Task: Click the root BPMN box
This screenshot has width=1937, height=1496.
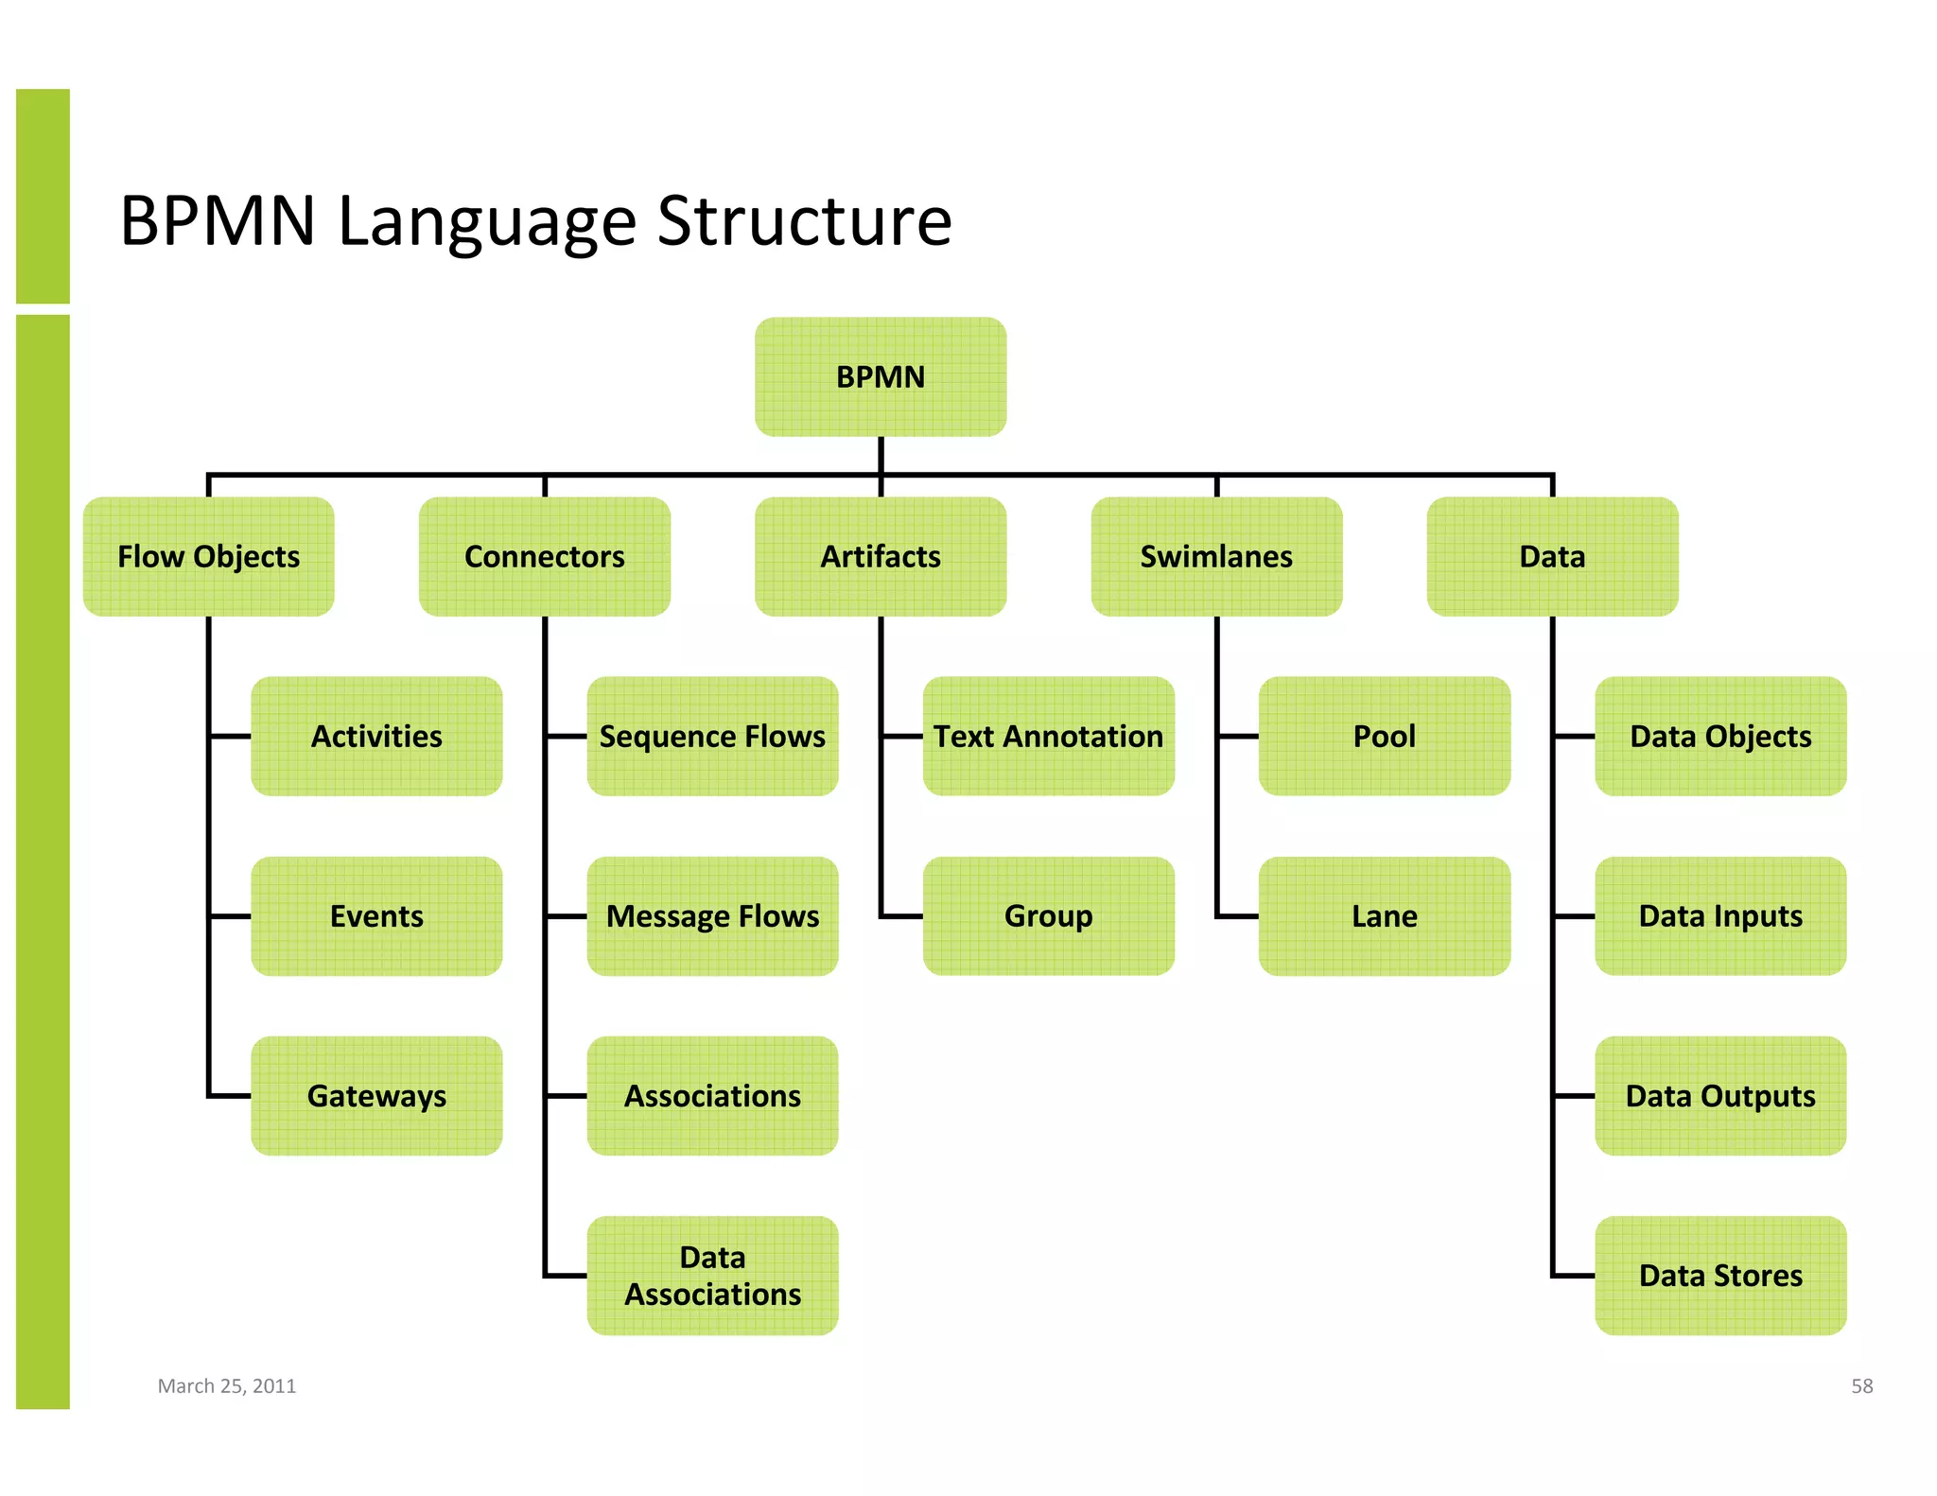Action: (880, 376)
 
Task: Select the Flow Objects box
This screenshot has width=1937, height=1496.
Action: (208, 556)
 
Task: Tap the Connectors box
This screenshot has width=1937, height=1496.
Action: (544, 556)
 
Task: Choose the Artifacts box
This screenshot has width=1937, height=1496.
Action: (880, 556)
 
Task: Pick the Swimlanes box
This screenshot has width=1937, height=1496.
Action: (1216, 556)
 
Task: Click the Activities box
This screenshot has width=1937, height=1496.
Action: (376, 736)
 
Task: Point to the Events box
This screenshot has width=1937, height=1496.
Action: (376, 915)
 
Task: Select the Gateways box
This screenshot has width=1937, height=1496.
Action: (376, 1095)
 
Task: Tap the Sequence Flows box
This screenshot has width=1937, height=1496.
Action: (712, 736)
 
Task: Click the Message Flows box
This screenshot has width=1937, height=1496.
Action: (712, 915)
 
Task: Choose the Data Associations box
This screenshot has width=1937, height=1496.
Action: (712, 1275)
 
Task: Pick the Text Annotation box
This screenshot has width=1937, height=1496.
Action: (1048, 736)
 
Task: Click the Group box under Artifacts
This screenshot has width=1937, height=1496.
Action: (1048, 915)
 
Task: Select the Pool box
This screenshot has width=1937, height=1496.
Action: (1384, 736)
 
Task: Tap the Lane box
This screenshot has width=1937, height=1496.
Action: (1384, 915)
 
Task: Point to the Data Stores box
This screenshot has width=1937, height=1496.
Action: (1719, 1275)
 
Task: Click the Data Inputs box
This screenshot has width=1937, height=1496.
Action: (1719, 915)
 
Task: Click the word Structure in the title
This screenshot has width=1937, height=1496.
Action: (804, 222)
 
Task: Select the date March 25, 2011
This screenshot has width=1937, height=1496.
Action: (227, 1385)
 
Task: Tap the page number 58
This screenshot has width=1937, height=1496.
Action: (1861, 1385)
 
